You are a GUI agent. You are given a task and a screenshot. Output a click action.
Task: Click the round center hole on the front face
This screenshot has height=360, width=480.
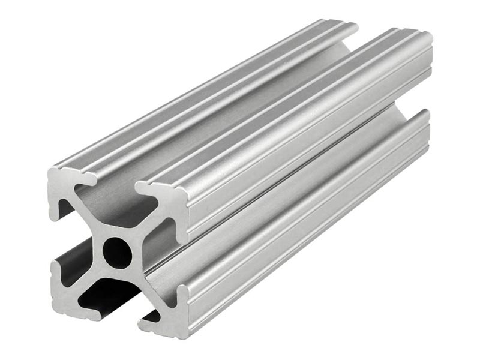(117, 253)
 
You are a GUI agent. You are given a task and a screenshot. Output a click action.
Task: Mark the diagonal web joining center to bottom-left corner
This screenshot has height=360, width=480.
(90, 279)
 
